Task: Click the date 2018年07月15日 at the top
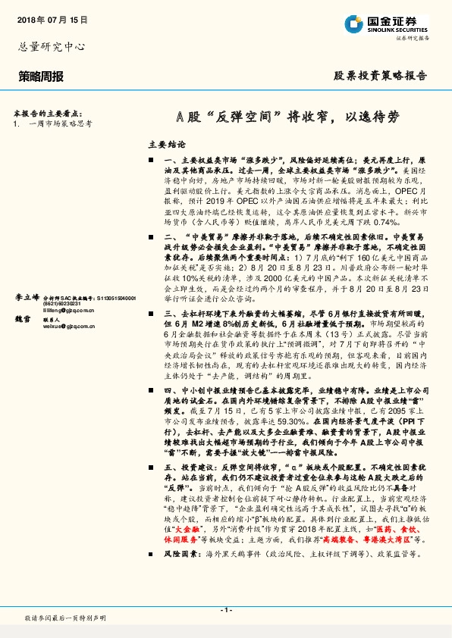pyautogui.click(x=51, y=20)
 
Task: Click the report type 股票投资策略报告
pyautogui.click(x=380, y=76)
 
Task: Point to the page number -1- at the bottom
pyautogui.click(x=225, y=609)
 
